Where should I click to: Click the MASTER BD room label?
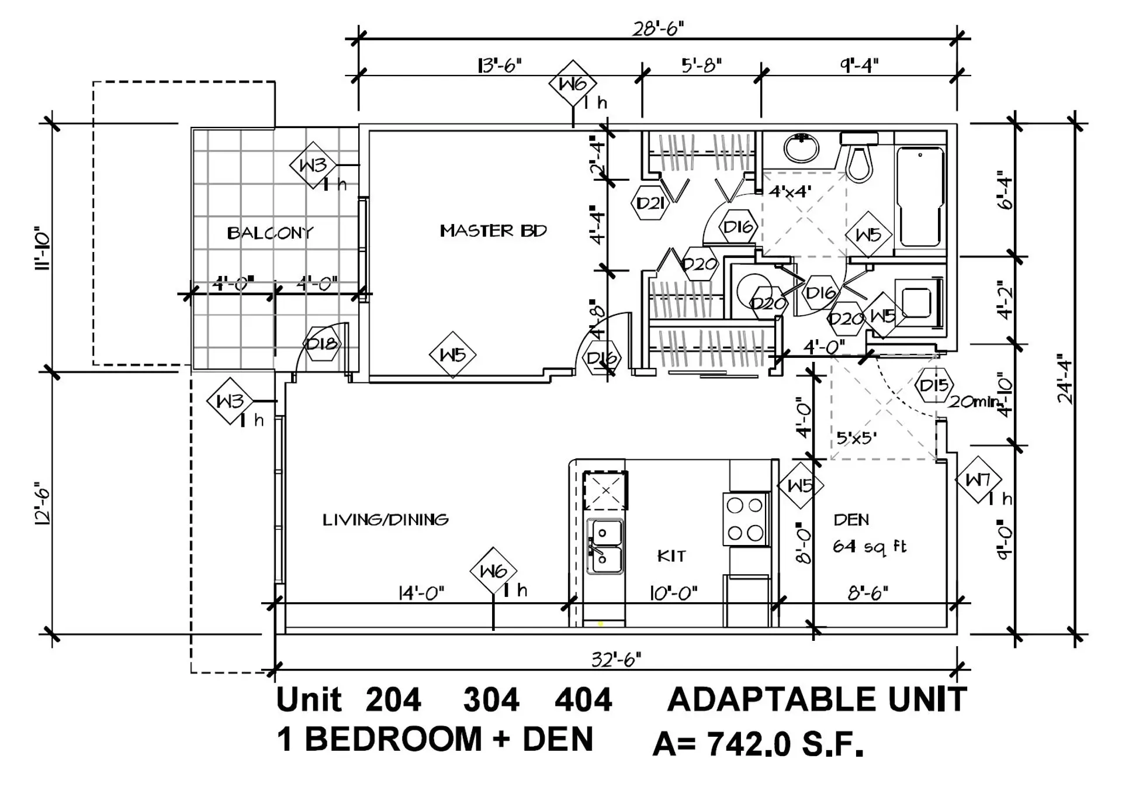pos(493,231)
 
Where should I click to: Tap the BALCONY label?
pos(270,233)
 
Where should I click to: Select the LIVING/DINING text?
pos(386,519)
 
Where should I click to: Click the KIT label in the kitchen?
pos(671,555)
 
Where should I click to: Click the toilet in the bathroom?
pos(859,158)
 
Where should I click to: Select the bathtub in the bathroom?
pos(920,196)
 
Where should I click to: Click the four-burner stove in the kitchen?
pos(746,519)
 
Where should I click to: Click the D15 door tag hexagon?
pos(933,386)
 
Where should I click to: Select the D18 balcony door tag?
pos(321,343)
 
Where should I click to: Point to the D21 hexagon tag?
pos(649,203)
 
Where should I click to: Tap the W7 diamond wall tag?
pos(978,480)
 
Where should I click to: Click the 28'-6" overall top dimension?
pos(658,28)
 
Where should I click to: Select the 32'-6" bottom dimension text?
pos(616,660)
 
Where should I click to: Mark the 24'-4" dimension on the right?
pos(1065,381)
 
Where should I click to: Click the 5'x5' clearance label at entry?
pos(856,437)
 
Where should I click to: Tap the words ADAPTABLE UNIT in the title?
pos(816,699)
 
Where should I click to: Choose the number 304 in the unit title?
pos(491,700)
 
